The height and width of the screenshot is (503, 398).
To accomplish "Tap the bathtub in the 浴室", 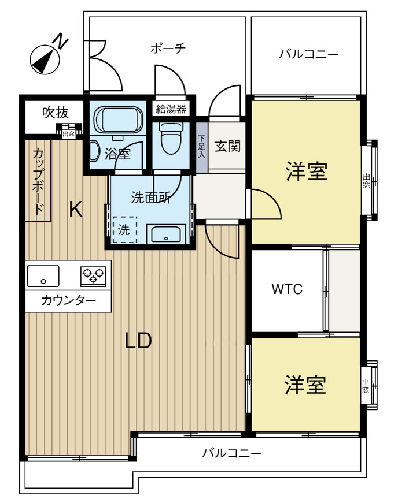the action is pos(119,120).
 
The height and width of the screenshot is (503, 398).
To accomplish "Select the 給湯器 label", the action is pos(171,109).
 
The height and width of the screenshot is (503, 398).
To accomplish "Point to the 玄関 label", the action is pos(227,146).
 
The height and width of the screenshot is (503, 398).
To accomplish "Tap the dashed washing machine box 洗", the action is pos(124,230).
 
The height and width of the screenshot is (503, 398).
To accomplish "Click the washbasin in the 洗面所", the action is pos(166,233).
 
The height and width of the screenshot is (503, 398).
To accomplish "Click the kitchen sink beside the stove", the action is pos(43,276).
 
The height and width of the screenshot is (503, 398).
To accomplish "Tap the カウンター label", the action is pos(68,300).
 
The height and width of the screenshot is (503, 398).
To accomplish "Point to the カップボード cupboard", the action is pos(38,181).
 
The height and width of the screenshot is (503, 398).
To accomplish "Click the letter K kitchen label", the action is pos(76,209).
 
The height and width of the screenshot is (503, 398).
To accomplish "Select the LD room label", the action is pos(138,341).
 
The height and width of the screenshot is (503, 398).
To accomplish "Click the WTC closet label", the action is pos(287,289).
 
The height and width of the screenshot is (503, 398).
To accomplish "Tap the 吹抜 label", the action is pos(56,113).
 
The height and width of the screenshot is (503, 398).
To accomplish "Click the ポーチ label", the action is pos(168,49).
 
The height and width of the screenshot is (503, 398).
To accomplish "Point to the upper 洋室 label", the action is pos(307,172).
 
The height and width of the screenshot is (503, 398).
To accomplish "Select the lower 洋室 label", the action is pos(305,385).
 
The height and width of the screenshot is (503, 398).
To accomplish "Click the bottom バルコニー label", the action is pos(231,453).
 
